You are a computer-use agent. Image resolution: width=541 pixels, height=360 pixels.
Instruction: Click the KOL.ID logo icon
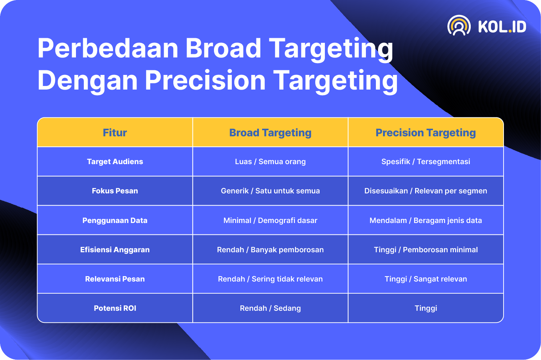tap(459, 25)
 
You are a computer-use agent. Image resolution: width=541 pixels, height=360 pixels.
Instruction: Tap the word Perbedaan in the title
tap(108, 48)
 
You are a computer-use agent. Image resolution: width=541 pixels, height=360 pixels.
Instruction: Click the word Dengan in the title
tap(87, 80)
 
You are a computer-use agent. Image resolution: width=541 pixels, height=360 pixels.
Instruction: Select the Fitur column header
tap(115, 133)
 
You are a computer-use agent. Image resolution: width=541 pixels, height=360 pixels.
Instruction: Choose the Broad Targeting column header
tap(270, 133)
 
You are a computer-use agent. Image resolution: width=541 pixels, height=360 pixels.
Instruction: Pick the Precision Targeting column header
tap(425, 133)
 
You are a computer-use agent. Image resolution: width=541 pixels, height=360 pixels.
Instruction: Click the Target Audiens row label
tap(115, 162)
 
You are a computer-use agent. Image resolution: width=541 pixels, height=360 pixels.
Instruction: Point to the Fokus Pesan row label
tap(115, 191)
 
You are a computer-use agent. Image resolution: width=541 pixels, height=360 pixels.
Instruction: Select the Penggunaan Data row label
tap(115, 220)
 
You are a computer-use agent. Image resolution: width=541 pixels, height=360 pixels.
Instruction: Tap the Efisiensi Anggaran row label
tap(115, 250)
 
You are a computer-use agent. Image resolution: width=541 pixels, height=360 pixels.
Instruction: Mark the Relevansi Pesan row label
tap(115, 279)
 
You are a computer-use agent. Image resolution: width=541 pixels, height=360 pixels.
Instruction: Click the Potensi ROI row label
tap(115, 308)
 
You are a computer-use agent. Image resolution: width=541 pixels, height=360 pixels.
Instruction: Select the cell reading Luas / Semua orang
tap(270, 162)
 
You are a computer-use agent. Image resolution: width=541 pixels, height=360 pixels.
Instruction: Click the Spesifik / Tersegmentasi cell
tap(425, 162)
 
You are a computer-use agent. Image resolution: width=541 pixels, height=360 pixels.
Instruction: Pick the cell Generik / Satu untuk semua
tap(270, 191)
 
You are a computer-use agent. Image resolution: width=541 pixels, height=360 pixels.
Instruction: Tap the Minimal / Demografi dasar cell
tap(270, 220)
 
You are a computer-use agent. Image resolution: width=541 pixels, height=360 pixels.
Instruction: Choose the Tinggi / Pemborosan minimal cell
tap(425, 250)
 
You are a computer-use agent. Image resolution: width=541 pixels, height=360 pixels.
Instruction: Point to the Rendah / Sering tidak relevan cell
tap(270, 279)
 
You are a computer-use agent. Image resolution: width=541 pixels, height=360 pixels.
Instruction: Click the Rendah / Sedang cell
tap(270, 308)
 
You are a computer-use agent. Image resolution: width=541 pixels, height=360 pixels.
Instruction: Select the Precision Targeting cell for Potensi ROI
tap(426, 308)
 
